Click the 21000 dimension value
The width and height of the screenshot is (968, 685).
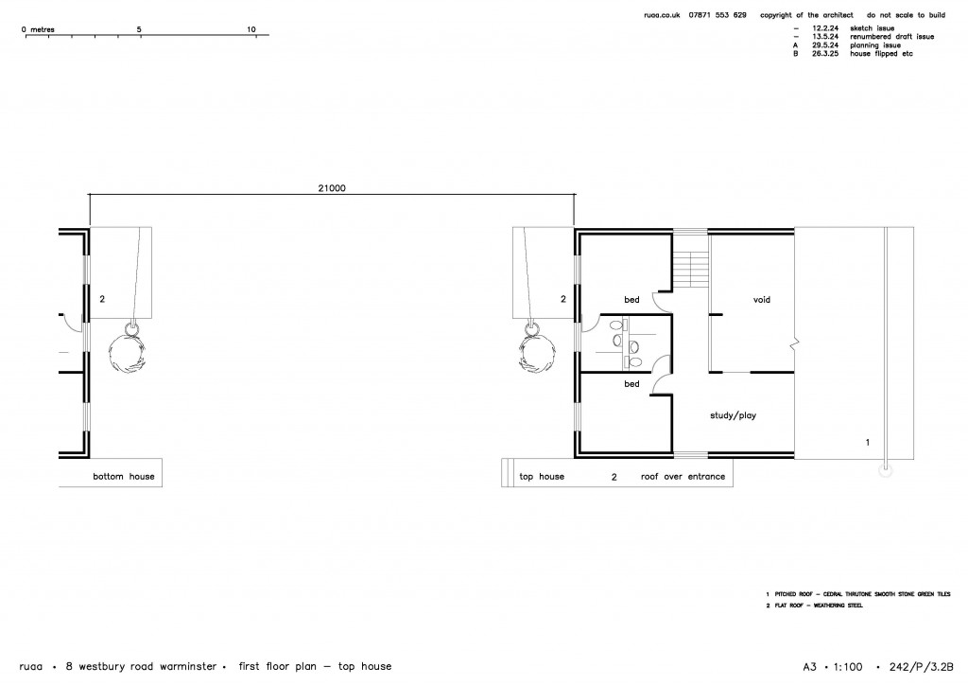coord(332,187)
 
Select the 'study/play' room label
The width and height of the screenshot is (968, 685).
coord(733,414)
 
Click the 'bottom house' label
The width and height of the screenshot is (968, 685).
coord(123,476)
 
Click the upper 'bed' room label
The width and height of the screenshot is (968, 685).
coord(631,300)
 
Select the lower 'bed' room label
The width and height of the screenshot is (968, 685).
coord(631,384)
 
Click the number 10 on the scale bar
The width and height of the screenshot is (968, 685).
coord(251,29)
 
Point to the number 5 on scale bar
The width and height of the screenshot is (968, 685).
coord(139,29)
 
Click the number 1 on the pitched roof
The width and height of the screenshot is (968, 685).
coord(867,442)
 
